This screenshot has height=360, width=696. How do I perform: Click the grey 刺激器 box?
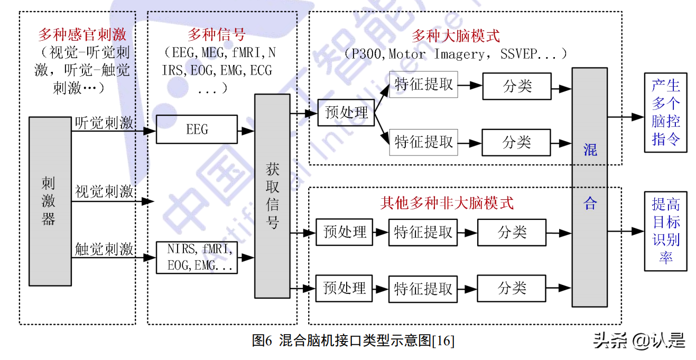[x=50, y=201]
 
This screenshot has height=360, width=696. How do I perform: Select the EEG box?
[x=197, y=130]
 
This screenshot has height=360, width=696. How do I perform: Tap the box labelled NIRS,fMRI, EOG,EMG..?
[x=197, y=257]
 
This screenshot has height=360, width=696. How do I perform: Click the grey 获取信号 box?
[x=272, y=196]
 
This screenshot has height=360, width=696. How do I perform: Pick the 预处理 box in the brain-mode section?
[x=346, y=113]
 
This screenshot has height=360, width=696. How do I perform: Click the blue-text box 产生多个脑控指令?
[x=665, y=112]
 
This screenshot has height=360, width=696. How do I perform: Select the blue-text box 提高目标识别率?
[x=665, y=231]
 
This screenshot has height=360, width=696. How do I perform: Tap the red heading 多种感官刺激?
[x=82, y=35]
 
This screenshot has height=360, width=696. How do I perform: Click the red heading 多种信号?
[x=216, y=35]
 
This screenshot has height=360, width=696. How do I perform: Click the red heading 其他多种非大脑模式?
[x=447, y=202]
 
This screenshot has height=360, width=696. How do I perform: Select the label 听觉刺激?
[x=104, y=123]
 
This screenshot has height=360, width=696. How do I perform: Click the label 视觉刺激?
[x=104, y=191]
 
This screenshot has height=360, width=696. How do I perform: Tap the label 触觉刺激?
[x=104, y=249]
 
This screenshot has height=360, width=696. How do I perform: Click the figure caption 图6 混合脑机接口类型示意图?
[x=352, y=340]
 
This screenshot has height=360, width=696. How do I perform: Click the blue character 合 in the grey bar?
[x=590, y=203]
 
